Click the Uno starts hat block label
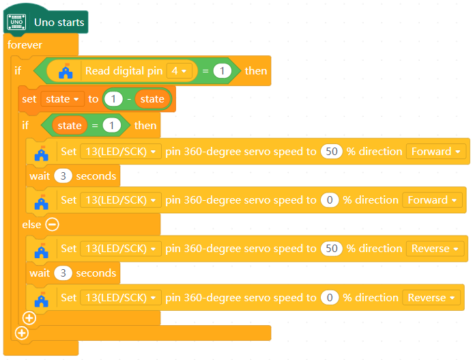tap(59, 22)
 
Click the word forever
tap(25, 45)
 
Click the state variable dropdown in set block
tap(62, 99)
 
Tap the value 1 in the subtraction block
tap(113, 99)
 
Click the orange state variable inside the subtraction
tap(152, 99)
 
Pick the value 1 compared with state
tap(115, 126)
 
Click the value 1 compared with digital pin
tap(223, 70)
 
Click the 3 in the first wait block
tap(63, 176)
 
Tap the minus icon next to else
tap(53, 224)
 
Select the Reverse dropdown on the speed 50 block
tap(435, 249)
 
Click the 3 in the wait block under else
tap(63, 273)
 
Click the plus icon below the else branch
tap(29, 318)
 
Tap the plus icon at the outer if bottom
tap(21, 333)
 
